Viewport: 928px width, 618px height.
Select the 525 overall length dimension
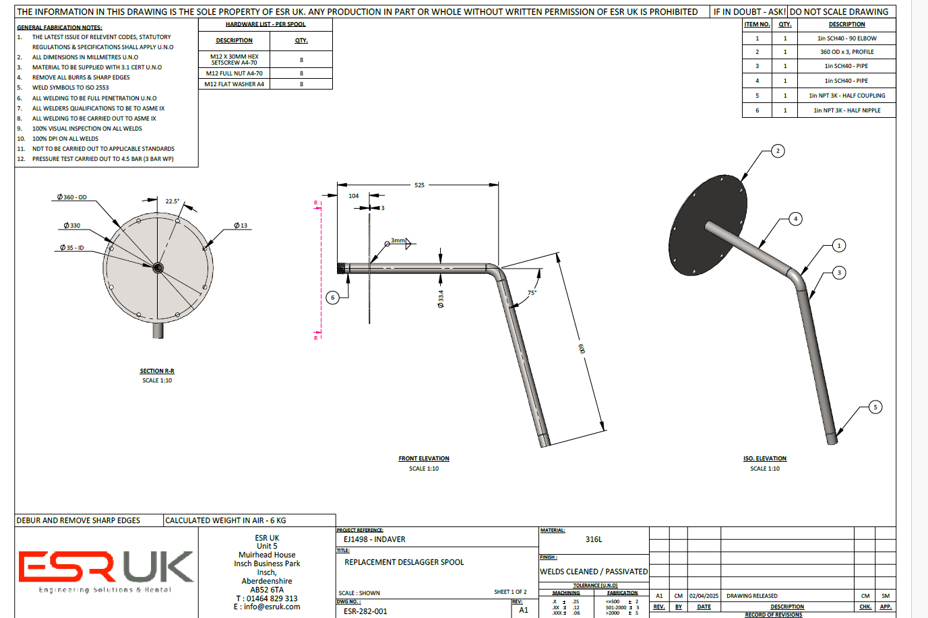click(x=419, y=185)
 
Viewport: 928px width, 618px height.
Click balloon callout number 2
click(x=778, y=151)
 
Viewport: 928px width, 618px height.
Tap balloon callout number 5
click(x=875, y=407)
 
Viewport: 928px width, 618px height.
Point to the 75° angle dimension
click(x=532, y=293)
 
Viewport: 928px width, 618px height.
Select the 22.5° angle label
click(x=173, y=201)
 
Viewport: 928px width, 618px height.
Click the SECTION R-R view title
click(x=157, y=371)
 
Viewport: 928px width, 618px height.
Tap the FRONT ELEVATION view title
click(x=423, y=458)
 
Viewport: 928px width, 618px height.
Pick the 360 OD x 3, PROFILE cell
click(x=846, y=52)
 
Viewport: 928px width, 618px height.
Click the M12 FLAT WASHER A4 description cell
click(x=234, y=84)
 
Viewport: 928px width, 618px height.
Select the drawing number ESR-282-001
click(x=365, y=611)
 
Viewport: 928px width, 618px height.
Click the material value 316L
click(x=594, y=539)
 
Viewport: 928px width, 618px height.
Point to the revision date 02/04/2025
click(x=704, y=596)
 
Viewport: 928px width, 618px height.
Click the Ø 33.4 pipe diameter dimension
click(x=441, y=299)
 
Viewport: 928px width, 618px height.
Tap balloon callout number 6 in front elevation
click(x=332, y=297)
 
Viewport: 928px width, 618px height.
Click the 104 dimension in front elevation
click(x=354, y=196)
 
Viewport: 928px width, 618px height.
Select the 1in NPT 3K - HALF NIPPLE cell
click(x=846, y=110)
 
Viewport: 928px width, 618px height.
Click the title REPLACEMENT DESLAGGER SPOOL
click(x=404, y=562)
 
